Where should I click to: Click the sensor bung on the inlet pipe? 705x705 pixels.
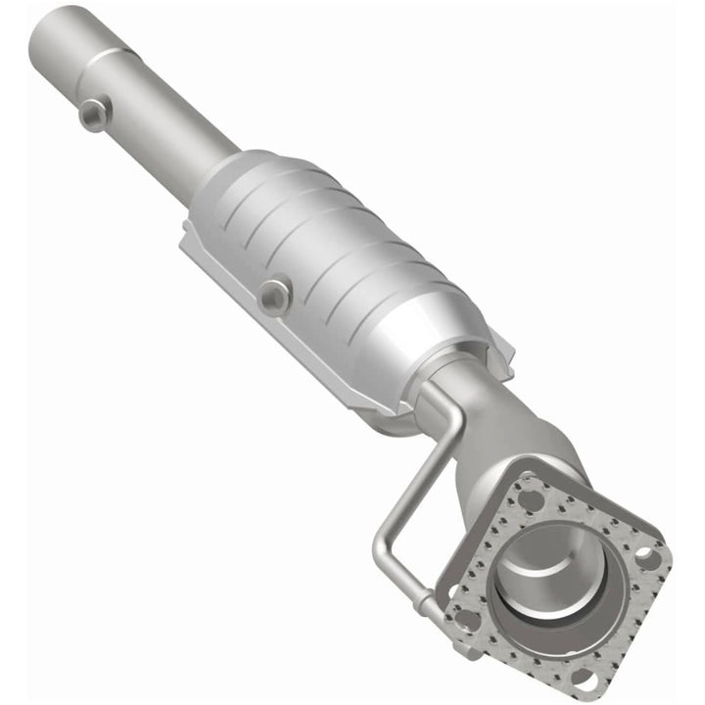coord(95,115)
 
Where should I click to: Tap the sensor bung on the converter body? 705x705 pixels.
coord(276,294)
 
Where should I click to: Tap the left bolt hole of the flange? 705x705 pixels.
coord(467,619)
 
